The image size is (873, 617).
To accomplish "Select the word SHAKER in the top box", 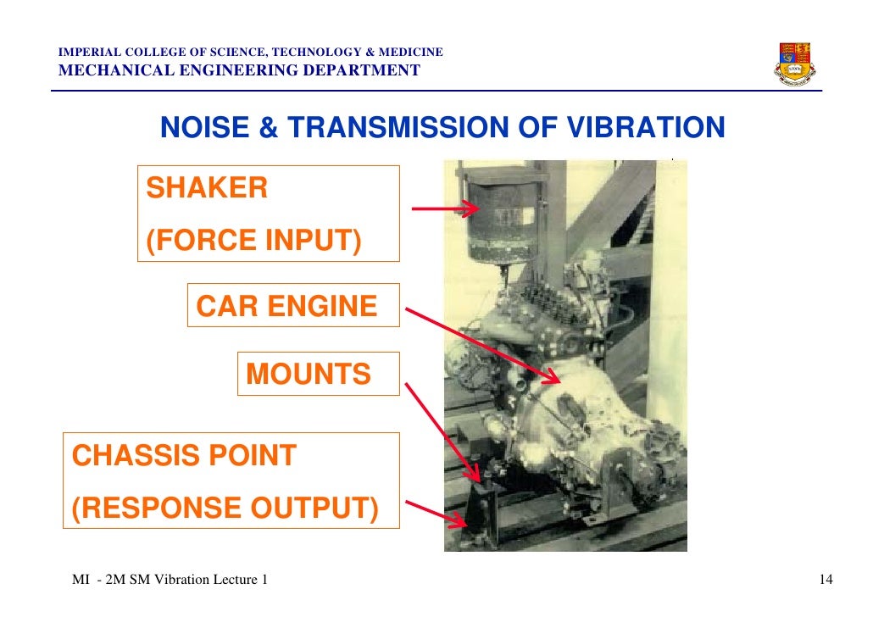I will click(207, 188).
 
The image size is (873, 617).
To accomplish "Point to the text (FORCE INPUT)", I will click(253, 241).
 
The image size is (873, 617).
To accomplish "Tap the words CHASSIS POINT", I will click(184, 456).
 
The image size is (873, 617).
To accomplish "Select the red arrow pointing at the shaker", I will click(444, 208).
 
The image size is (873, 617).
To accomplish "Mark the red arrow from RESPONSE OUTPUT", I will click(434, 511).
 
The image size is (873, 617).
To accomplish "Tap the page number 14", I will click(826, 580).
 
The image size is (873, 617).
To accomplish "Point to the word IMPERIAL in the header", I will click(86, 53).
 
